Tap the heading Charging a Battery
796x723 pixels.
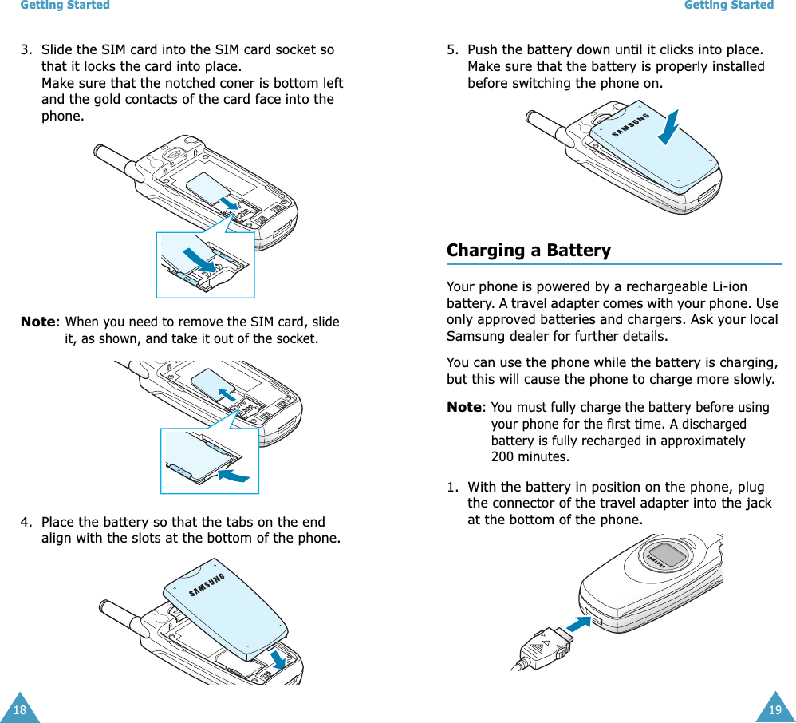point(528,251)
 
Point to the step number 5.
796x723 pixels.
point(452,50)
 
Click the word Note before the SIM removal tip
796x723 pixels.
point(38,322)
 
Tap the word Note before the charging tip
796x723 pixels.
point(464,408)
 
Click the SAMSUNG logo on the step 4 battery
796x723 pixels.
point(207,584)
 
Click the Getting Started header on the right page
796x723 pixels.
point(729,6)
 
